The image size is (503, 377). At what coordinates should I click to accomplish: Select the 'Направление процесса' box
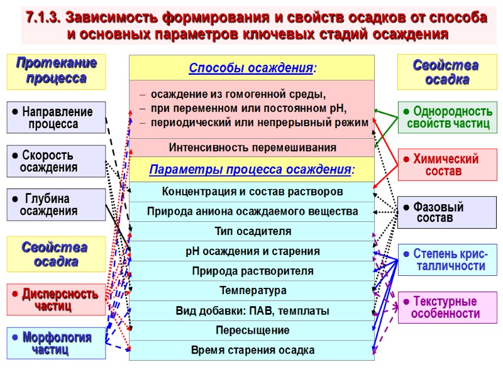56,117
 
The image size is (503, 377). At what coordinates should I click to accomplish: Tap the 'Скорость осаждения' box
56,161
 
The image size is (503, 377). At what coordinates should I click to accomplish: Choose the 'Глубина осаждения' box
56,205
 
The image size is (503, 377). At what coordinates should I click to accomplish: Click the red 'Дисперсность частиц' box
56,299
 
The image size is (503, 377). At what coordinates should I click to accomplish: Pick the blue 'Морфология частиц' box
56,343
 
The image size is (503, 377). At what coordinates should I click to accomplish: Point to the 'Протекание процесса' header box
56,71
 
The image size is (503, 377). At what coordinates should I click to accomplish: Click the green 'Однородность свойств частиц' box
447,117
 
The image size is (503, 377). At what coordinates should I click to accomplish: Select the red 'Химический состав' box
447,165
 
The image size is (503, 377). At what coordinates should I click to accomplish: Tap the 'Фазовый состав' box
447,212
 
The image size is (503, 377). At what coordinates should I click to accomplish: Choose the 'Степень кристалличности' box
447,260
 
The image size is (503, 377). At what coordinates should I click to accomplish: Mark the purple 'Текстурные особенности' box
447,307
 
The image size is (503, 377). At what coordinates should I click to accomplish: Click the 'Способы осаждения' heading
251,68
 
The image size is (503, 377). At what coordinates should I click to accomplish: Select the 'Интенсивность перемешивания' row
251,148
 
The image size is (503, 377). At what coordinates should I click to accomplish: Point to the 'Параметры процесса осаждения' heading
251,170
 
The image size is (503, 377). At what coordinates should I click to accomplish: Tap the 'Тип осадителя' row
251,231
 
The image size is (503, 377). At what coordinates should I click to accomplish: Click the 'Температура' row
251,290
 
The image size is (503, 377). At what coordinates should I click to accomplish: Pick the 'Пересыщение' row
251,330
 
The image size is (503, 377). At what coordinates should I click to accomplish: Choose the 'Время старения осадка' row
251,350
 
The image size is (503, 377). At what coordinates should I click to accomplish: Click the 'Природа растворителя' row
251,271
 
